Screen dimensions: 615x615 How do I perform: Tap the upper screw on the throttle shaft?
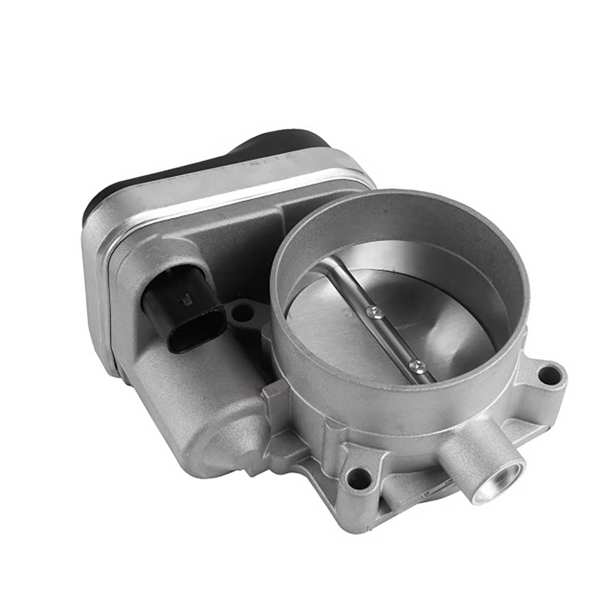tap(375, 310)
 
